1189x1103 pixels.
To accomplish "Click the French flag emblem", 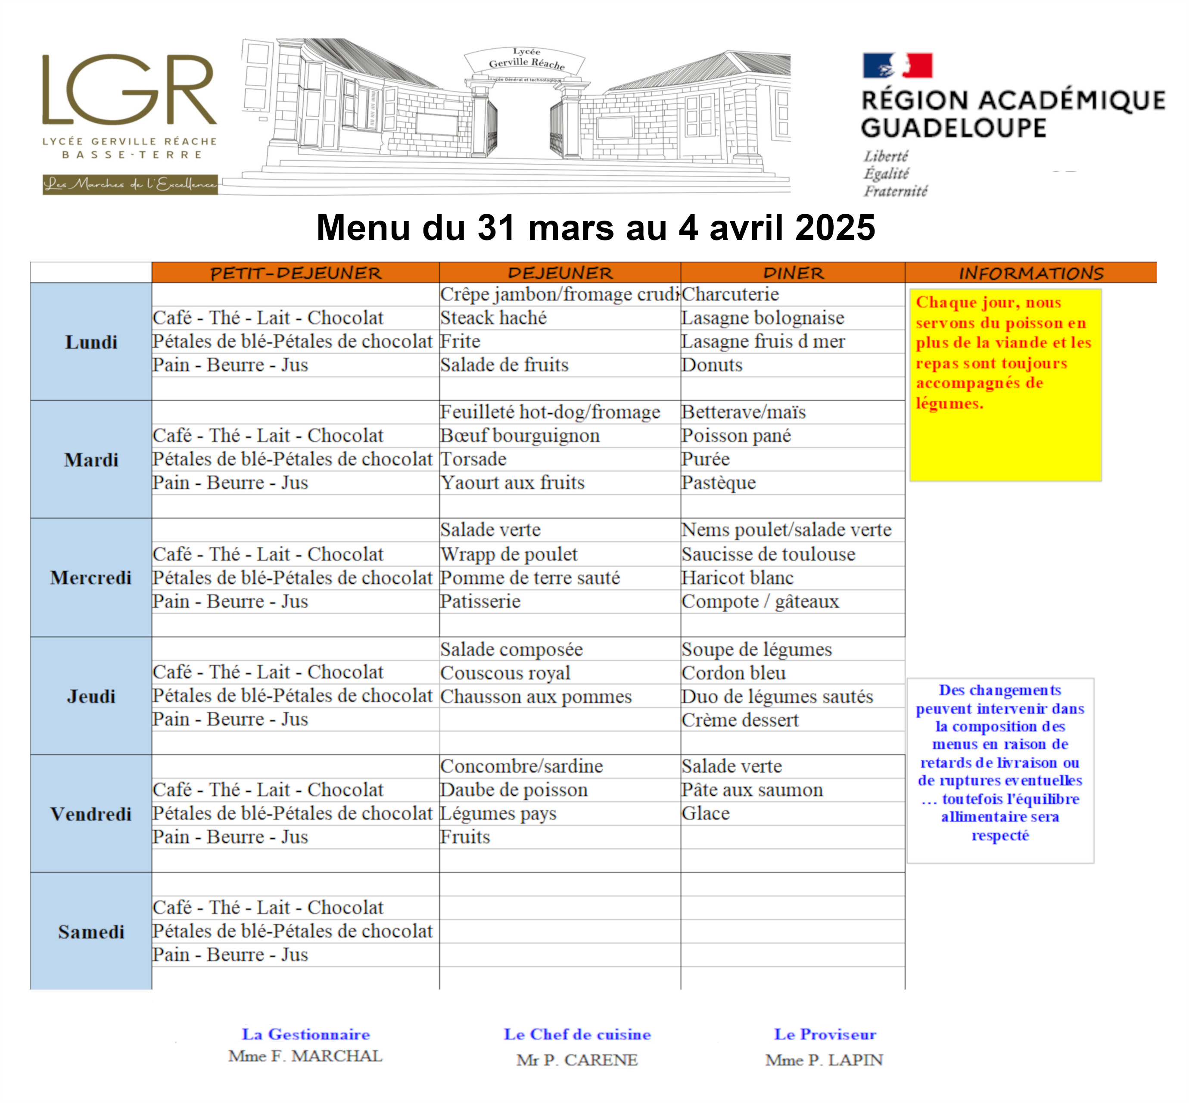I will pos(896,65).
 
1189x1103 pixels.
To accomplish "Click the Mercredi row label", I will pos(91,577).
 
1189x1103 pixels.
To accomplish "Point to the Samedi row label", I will pos(91,932).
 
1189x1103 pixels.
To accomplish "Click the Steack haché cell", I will pos(494,318).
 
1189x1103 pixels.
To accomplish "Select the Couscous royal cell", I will pos(505,673).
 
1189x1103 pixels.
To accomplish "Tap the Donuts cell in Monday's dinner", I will pos(712,365).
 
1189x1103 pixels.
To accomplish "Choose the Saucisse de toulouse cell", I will pos(768,554).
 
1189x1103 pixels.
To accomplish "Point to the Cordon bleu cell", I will pos(734,673).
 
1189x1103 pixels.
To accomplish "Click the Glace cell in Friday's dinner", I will pos(706,813).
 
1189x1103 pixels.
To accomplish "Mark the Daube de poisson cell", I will pos(514,790).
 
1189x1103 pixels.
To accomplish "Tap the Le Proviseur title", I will pos(825,1034).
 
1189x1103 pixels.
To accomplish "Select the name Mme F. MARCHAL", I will pos(305,1056).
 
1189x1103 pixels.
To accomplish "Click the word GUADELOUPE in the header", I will pos(953,128).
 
